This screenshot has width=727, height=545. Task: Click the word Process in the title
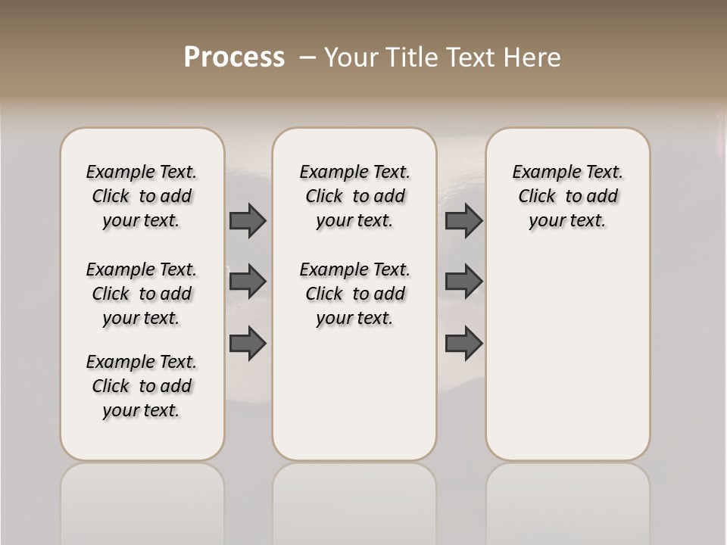click(x=234, y=58)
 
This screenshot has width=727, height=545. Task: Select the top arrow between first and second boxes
click(x=248, y=220)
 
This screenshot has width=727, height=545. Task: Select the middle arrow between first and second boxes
click(x=248, y=282)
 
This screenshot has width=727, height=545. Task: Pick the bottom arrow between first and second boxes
click(x=248, y=343)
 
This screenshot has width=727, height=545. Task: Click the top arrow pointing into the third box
click(x=463, y=220)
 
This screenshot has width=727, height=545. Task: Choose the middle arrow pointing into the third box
click(x=463, y=282)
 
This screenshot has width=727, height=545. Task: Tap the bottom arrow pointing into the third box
click(x=463, y=343)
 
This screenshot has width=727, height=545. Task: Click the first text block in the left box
click(x=142, y=196)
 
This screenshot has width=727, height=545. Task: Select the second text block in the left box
click(x=142, y=294)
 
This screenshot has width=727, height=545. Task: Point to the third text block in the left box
click(x=142, y=386)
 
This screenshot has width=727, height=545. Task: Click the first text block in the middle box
click(x=354, y=196)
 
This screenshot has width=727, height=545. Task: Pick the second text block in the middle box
click(x=354, y=294)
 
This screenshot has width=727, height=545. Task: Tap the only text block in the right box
click(x=567, y=196)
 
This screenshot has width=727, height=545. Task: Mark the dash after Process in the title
click(x=307, y=58)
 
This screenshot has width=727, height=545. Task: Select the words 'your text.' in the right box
click(x=567, y=221)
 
